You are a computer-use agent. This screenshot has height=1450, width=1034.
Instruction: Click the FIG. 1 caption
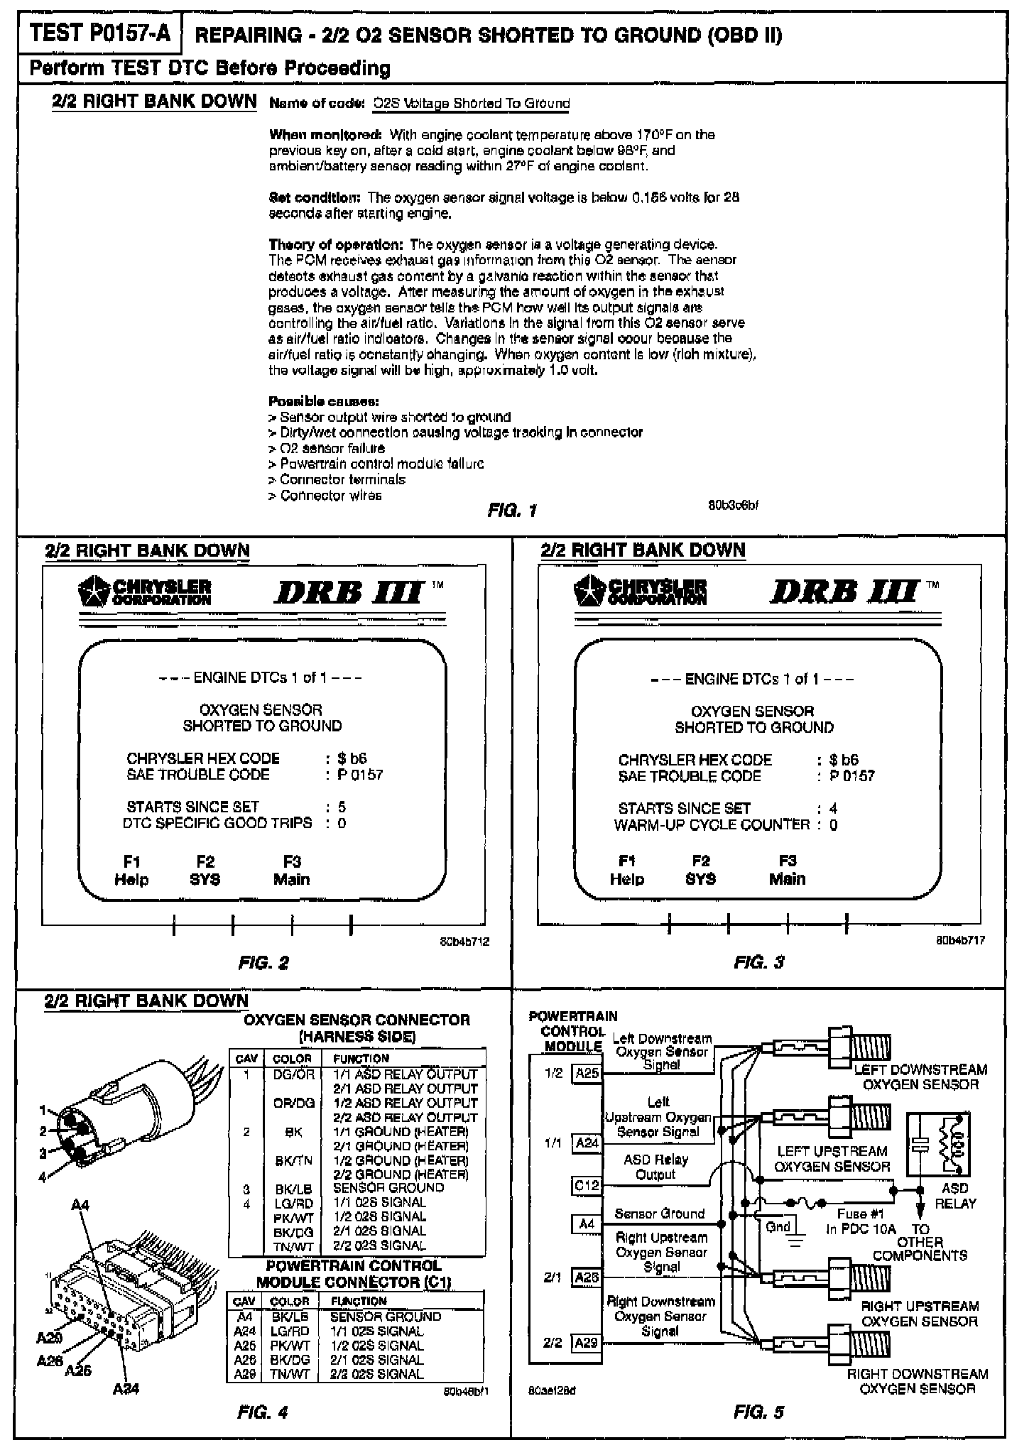click(511, 510)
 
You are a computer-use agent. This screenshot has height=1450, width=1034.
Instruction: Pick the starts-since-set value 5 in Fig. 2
click(342, 807)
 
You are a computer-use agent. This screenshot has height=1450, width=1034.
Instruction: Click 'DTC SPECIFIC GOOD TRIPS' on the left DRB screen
click(217, 823)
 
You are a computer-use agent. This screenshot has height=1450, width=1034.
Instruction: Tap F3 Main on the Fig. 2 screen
click(291, 871)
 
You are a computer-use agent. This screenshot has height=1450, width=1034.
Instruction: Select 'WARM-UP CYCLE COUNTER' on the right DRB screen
click(712, 824)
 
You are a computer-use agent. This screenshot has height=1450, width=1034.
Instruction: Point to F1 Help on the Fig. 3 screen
click(626, 870)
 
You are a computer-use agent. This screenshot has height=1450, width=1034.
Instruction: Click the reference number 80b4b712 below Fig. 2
click(464, 942)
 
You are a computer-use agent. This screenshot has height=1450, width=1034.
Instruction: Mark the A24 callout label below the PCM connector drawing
click(126, 1390)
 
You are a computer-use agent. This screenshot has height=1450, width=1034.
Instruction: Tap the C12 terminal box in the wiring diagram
click(587, 1186)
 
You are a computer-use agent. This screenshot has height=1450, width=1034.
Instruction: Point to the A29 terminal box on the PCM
click(587, 1343)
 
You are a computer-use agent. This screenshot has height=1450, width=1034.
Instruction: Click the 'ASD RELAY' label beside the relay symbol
click(955, 1195)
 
